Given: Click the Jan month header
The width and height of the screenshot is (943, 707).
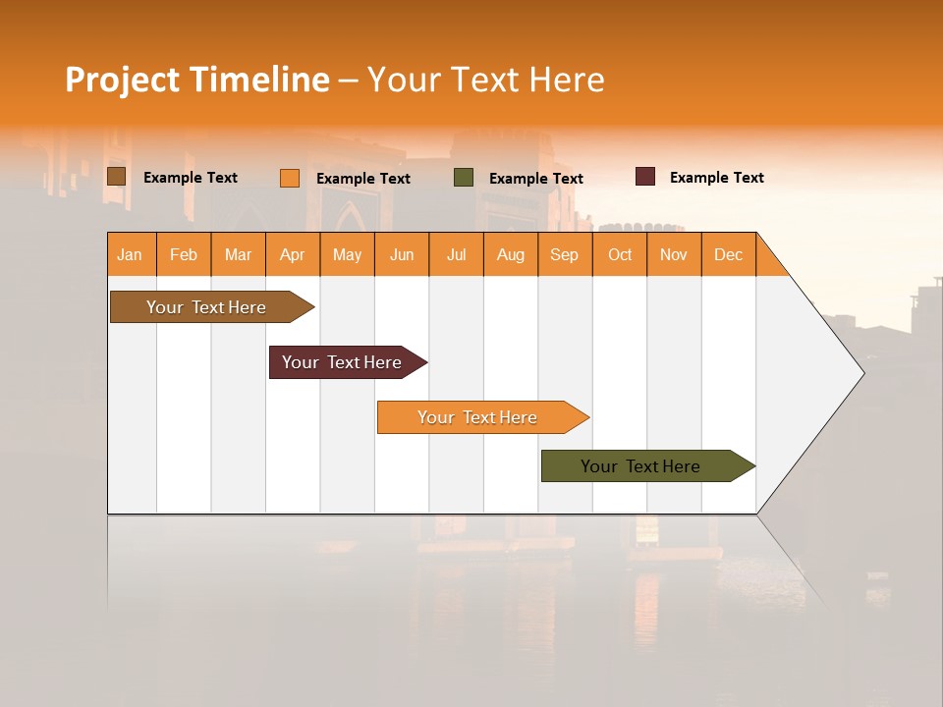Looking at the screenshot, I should pyautogui.click(x=130, y=254).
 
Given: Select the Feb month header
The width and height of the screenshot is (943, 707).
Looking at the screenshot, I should pyautogui.click(x=184, y=254).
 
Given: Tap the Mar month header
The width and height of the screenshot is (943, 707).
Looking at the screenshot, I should pyautogui.click(x=238, y=254).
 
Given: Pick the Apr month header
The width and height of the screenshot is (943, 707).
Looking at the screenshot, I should pyautogui.click(x=293, y=254).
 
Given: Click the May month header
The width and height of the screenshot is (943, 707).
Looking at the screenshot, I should pyautogui.click(x=347, y=254).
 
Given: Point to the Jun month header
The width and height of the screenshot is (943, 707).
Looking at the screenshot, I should pyautogui.click(x=402, y=254).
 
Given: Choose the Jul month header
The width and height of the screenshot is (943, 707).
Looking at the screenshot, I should pyautogui.click(x=456, y=254).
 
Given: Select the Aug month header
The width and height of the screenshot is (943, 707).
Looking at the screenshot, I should pyautogui.click(x=511, y=254).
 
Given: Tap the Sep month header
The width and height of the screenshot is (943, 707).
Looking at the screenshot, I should pyautogui.click(x=565, y=254).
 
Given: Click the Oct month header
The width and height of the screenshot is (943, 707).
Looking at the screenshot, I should pyautogui.click(x=620, y=254).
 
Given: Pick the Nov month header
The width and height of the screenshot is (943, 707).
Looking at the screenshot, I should pyautogui.click(x=674, y=254).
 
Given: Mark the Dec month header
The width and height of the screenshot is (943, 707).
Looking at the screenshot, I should pyautogui.click(x=728, y=254).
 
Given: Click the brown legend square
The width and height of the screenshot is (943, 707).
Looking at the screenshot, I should pyautogui.click(x=116, y=177).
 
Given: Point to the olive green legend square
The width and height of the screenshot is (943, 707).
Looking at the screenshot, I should pyautogui.click(x=464, y=178).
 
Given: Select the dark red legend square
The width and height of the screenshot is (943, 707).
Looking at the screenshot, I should pyautogui.click(x=645, y=177).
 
